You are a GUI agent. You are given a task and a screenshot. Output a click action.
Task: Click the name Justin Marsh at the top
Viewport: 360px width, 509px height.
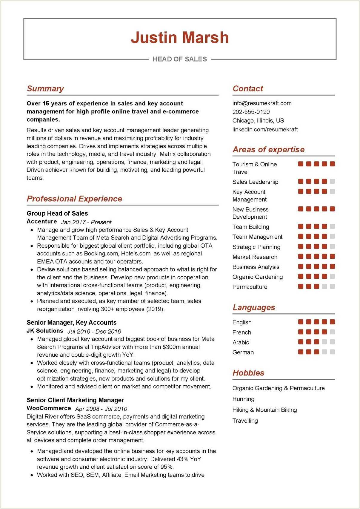[x=180, y=38]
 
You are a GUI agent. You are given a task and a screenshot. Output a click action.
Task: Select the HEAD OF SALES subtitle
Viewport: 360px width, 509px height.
[x=180, y=59]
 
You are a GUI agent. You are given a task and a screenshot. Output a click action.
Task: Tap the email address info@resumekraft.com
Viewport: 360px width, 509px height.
[x=262, y=103]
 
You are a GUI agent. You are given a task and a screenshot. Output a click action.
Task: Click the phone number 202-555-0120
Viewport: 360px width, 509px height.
[x=251, y=112]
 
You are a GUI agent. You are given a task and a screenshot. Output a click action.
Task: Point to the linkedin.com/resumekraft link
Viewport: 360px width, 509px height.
[x=265, y=129]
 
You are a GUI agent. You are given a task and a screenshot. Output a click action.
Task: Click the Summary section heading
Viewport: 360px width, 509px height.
[x=45, y=89]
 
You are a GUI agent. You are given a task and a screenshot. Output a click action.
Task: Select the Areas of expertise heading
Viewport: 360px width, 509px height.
[x=268, y=150]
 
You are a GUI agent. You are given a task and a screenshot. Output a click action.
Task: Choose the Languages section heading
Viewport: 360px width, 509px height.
[x=254, y=307]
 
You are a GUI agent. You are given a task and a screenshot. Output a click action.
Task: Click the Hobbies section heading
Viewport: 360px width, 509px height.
[x=248, y=373]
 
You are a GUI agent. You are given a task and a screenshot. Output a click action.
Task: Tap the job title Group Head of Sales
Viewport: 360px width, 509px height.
[x=57, y=214]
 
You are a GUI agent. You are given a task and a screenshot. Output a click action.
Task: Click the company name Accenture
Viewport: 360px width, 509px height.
[x=42, y=222]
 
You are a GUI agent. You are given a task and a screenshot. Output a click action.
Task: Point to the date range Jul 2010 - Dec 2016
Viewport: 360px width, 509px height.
[x=94, y=332]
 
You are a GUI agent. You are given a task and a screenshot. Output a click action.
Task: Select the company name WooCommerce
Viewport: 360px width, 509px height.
[x=49, y=408]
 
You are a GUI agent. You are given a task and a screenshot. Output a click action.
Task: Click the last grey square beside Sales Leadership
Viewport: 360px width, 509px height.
[x=333, y=181]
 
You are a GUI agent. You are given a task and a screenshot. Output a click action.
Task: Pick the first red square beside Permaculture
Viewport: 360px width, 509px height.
[x=301, y=286]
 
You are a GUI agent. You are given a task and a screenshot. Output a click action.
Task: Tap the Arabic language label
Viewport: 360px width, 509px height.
[x=241, y=342]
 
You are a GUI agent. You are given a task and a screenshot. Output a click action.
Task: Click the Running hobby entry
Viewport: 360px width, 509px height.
[x=243, y=399]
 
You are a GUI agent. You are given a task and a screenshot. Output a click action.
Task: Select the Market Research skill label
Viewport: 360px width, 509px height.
[x=255, y=257]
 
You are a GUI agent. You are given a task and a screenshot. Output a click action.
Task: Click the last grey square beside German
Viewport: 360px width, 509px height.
[x=333, y=352]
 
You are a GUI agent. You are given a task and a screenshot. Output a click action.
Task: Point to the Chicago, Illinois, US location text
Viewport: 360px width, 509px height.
[x=258, y=121]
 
